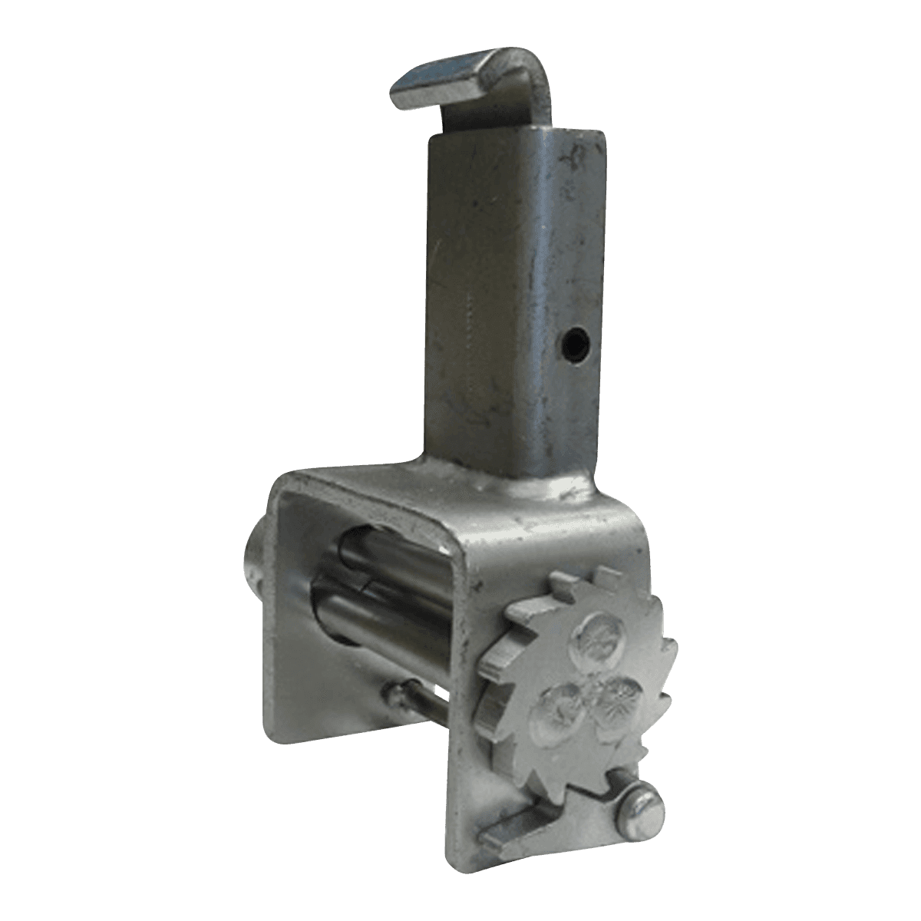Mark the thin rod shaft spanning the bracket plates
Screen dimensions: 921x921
click(x=437, y=706)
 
